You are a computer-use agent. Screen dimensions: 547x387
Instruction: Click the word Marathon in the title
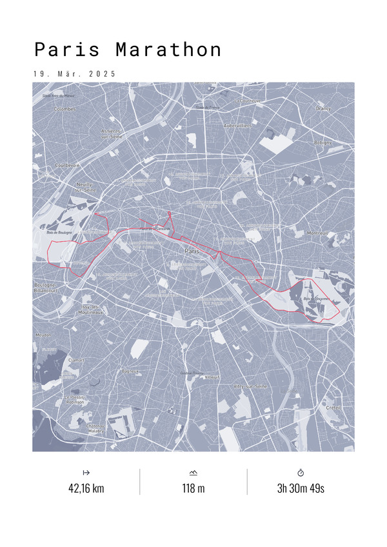tap(169, 50)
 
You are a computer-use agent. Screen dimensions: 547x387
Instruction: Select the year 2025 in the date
tap(103, 74)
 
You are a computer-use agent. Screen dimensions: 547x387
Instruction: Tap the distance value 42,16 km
tap(86, 488)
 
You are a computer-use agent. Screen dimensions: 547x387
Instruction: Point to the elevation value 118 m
tap(193, 488)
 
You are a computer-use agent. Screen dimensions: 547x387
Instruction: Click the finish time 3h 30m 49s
tap(301, 488)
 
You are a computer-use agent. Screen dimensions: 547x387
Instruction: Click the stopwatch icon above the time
tap(301, 473)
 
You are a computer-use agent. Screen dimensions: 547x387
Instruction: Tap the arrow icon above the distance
tap(86, 473)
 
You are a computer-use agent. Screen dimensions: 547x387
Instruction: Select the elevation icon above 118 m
tap(193, 473)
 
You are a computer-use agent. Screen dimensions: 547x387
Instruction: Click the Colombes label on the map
tap(64, 109)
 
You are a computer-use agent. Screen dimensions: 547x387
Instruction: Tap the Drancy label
tap(322, 108)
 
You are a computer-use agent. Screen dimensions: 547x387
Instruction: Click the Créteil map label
tap(333, 408)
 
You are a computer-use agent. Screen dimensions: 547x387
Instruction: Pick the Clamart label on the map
tap(76, 360)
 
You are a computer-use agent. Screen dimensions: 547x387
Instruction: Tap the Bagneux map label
tap(131, 372)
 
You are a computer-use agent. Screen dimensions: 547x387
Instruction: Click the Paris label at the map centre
tap(192, 251)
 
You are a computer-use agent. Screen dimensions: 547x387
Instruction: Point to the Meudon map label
tap(43, 335)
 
